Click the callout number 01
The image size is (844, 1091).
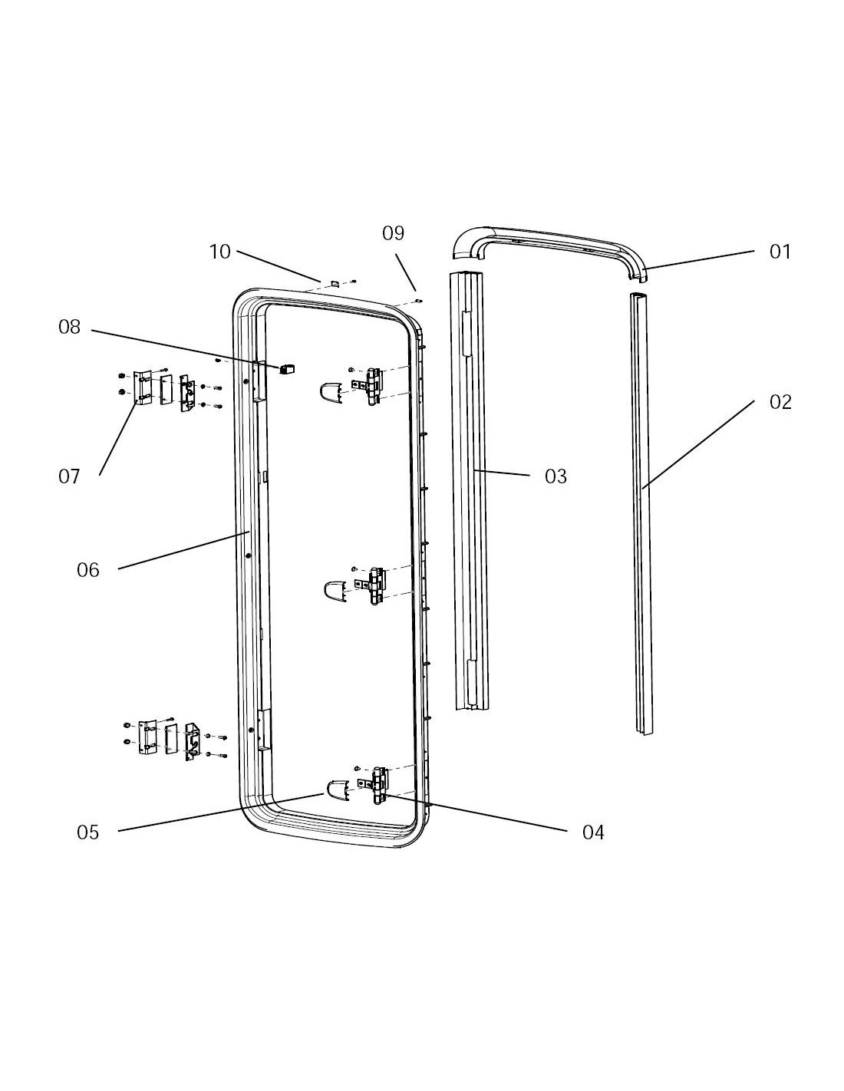point(780,252)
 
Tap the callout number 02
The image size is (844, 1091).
point(780,402)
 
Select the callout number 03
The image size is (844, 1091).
point(556,476)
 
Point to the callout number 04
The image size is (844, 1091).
point(593,832)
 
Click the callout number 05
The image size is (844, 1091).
point(88,832)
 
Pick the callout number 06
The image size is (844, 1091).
point(88,570)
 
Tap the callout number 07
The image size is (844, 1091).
point(69,476)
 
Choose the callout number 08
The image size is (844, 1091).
point(69,328)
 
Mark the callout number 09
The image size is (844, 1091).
point(393,233)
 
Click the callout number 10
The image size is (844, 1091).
point(219,252)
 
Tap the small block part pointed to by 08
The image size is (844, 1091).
point(288,369)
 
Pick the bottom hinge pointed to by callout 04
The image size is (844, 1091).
point(377,785)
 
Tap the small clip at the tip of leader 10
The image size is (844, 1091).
point(335,283)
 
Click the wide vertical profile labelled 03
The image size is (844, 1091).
point(469,491)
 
